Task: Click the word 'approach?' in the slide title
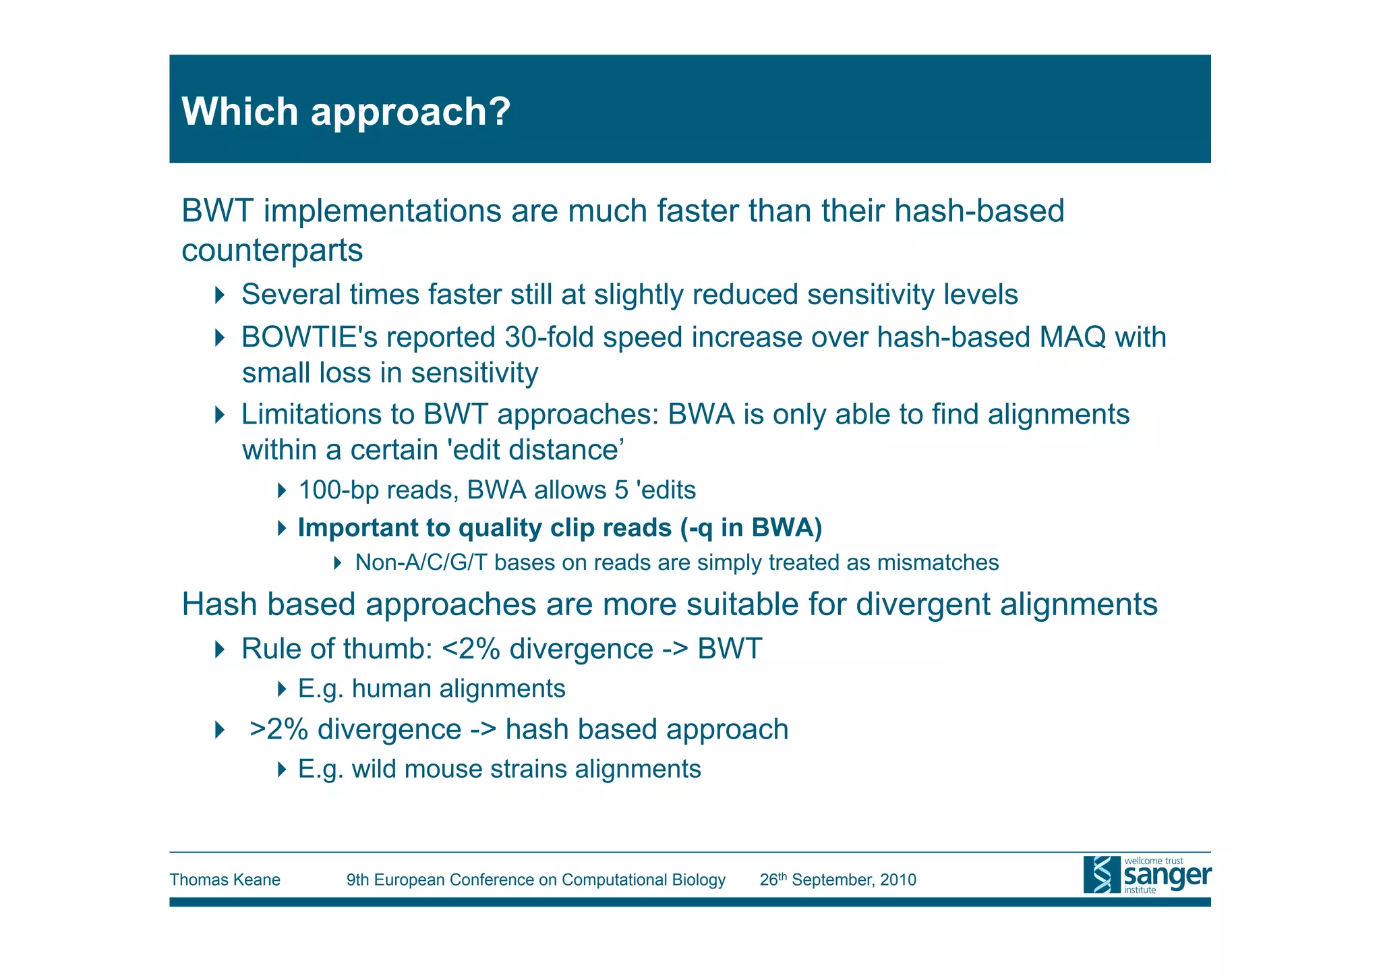[410, 112]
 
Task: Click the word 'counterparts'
[272, 251]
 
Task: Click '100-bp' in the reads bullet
[338, 490]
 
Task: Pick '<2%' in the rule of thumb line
[471, 649]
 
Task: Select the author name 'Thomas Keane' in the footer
[225, 880]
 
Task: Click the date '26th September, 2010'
[838, 880]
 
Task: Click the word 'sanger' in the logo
[1167, 876]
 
